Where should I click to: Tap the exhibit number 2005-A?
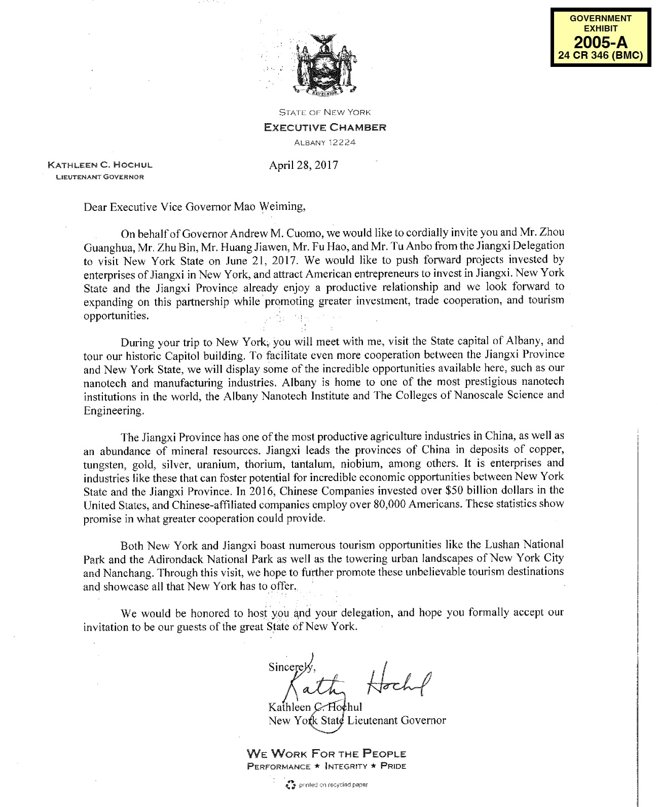(600, 42)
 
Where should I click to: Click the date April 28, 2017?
(304, 165)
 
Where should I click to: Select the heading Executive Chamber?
(325, 127)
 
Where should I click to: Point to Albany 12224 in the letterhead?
(325, 142)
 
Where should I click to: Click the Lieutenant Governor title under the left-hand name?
(100, 177)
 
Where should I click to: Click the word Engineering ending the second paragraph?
(114, 411)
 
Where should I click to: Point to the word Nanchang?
(128, 573)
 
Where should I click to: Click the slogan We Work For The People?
(326, 754)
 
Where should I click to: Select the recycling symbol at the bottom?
(290, 785)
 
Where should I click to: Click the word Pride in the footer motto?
(393, 766)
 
